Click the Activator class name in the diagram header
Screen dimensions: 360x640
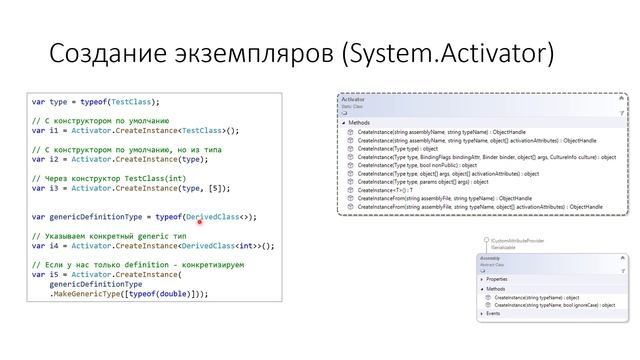point(353,100)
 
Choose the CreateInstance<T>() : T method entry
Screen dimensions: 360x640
point(384,190)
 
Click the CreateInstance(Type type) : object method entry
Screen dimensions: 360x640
point(398,149)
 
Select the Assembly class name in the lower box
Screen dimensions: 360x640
point(491,257)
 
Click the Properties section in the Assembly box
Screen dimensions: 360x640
point(497,279)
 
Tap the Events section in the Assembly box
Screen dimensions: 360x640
point(494,313)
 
